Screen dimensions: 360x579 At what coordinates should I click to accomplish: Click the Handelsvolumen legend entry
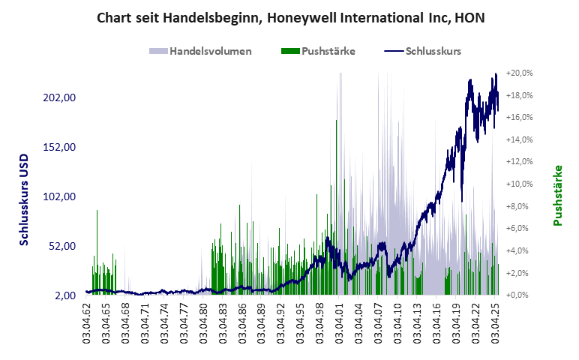click(201, 51)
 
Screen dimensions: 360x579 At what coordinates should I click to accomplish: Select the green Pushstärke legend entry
click(318, 51)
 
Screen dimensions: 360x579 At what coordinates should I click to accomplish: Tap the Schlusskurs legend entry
click(423, 51)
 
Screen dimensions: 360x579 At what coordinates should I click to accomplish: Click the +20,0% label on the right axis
click(519, 73)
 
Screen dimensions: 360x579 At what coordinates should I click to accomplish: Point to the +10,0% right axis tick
click(519, 184)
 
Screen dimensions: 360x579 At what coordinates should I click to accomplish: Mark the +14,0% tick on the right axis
click(519, 139)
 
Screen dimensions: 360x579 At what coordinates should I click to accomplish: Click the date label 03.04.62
click(86, 322)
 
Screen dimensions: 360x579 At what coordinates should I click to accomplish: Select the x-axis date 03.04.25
click(494, 322)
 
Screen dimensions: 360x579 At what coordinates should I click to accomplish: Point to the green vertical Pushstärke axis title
click(558, 196)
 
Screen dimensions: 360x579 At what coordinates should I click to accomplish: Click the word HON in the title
click(469, 16)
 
